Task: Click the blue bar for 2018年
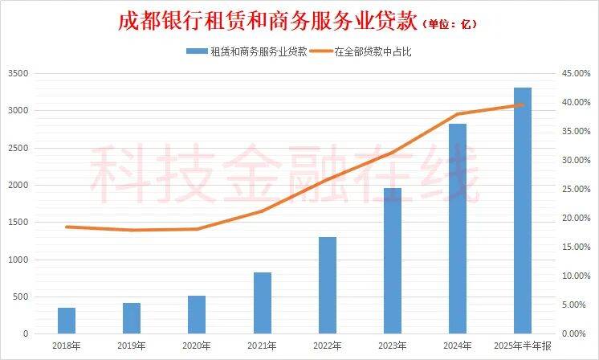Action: click(67, 321)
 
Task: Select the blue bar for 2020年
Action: click(197, 314)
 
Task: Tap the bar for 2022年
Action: click(327, 285)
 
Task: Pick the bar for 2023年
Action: click(392, 260)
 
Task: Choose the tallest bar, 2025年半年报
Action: click(522, 211)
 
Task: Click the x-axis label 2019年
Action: click(132, 346)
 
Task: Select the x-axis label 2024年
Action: click(457, 346)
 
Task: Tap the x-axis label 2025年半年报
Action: click(522, 346)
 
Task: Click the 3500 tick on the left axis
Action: click(18, 74)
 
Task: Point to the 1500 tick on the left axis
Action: click(18, 223)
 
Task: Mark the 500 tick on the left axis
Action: click(21, 297)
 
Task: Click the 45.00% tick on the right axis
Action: click(575, 74)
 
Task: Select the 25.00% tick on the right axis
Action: click(575, 190)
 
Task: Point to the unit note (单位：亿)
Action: click(450, 24)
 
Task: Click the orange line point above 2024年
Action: click(457, 114)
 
